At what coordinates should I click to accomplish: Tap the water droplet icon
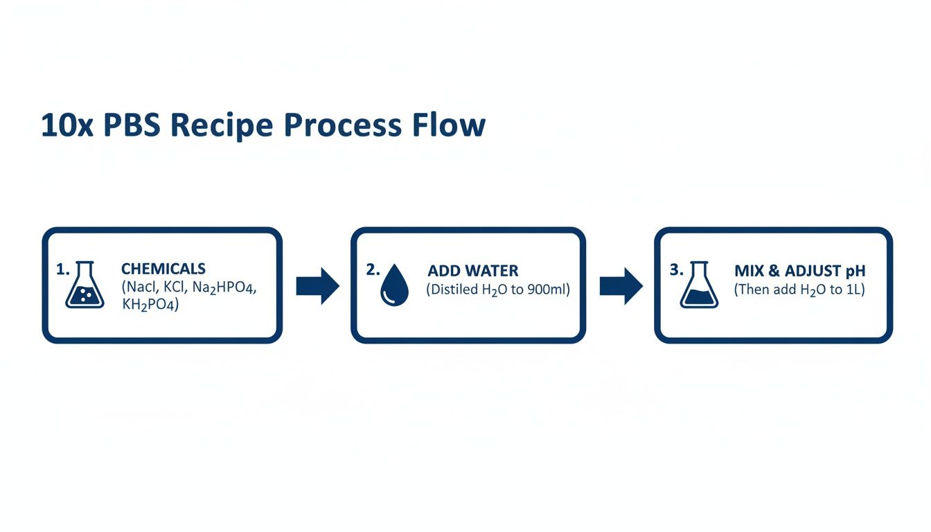point(394,285)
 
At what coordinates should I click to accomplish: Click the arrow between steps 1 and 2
point(317,285)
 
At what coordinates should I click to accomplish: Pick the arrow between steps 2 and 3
point(621,285)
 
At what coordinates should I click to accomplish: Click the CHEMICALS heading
point(163,269)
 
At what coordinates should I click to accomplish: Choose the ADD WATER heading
point(472,271)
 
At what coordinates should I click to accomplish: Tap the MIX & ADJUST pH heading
point(799,271)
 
